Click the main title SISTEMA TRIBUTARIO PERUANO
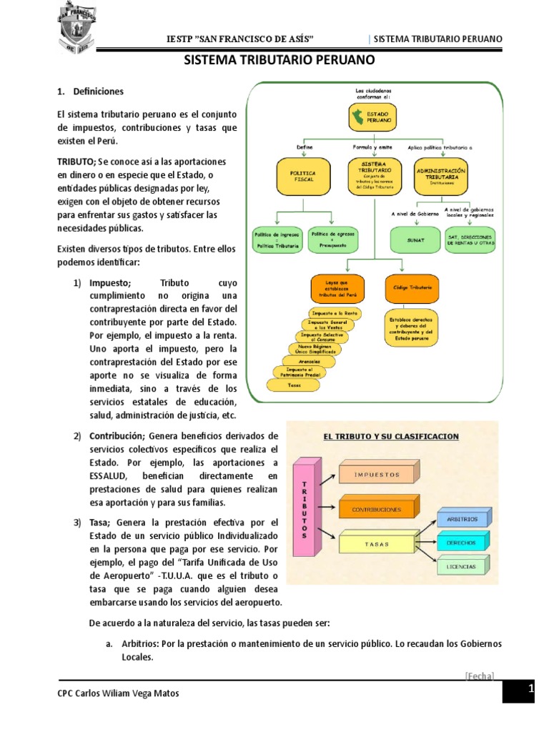pyautogui.click(x=280, y=61)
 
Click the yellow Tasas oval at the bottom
pyautogui.click(x=294, y=385)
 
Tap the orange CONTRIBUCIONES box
pyautogui.click(x=375, y=509)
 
